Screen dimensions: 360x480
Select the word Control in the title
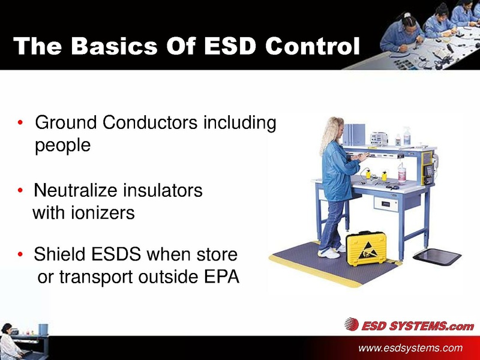pos(316,46)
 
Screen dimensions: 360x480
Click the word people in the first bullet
pos(63,146)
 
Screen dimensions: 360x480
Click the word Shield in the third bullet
pos(58,256)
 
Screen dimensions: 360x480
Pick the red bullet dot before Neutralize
pos(20,191)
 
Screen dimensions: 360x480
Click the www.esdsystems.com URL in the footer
pos(410,348)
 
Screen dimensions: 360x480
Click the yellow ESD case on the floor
pos(367,248)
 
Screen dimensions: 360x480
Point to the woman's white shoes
pos(328,253)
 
